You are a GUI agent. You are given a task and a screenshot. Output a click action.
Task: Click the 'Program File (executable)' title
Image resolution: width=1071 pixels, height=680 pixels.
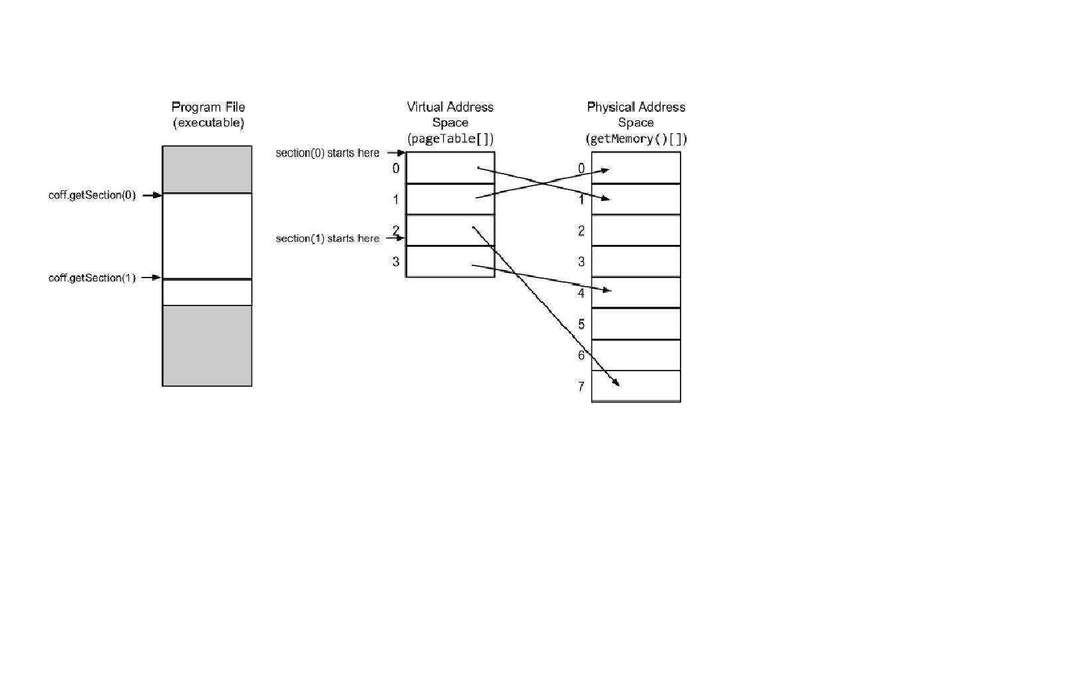[x=208, y=114]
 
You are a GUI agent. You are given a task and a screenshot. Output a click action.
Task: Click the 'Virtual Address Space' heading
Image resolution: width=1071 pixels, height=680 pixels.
[x=450, y=114]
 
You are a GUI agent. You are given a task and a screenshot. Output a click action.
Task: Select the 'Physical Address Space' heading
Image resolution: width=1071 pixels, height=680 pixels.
[x=636, y=114]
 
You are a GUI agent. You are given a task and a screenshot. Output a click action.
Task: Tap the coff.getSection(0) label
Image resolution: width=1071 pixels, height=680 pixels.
[x=92, y=195]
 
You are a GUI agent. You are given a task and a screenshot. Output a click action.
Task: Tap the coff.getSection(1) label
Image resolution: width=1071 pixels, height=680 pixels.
[x=92, y=277]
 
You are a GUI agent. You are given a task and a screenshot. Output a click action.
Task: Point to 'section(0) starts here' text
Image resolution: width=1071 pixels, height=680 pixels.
[x=327, y=153]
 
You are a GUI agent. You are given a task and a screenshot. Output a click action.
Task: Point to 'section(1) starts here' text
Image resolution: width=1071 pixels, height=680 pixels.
[x=327, y=238]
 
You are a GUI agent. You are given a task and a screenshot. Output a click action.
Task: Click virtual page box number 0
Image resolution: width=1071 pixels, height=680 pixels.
[x=450, y=168]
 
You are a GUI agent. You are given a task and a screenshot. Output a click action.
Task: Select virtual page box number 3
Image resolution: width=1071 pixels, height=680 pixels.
[x=450, y=261]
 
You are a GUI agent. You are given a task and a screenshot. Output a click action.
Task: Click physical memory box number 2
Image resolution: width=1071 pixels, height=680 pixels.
[x=636, y=230]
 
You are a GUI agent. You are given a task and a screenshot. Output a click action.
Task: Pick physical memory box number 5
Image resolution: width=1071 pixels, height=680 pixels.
[x=636, y=324]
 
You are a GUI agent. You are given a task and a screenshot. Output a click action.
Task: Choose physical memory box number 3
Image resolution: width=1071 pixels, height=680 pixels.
[x=636, y=261]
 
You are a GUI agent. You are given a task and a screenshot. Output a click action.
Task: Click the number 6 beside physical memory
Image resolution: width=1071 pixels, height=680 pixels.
[x=581, y=355]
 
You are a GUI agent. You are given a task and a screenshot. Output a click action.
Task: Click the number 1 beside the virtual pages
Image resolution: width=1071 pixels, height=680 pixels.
[x=396, y=200]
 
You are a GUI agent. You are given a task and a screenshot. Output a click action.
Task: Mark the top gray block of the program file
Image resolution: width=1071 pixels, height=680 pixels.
[x=207, y=170]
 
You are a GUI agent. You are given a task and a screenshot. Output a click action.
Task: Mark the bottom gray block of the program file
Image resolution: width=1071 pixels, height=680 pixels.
[x=207, y=345]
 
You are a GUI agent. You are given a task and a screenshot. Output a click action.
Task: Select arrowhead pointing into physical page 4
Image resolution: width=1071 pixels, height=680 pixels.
[x=607, y=290]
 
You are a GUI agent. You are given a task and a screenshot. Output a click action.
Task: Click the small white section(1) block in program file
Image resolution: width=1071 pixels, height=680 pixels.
[x=207, y=293]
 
